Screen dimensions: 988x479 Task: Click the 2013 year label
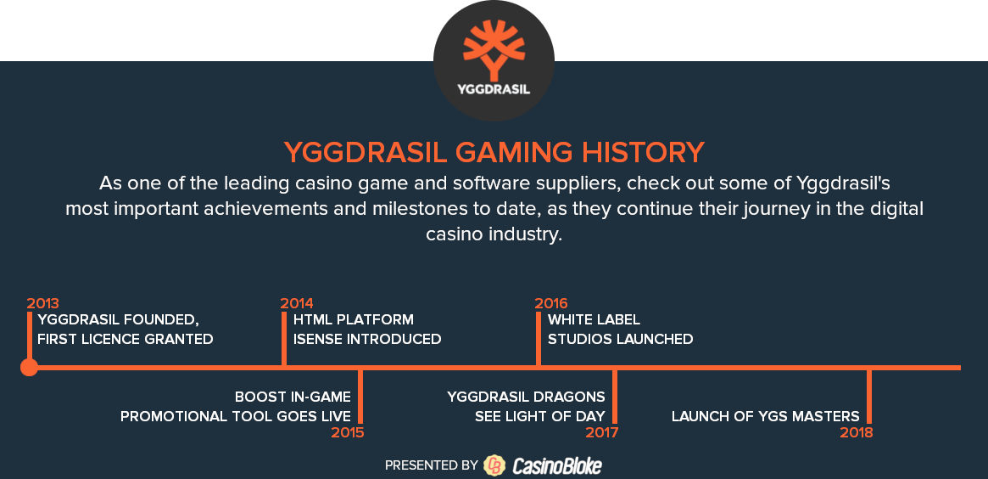(x=43, y=303)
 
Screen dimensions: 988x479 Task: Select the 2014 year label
(x=297, y=303)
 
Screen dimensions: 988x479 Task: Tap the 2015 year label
(x=348, y=433)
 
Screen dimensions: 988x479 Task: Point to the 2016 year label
(x=551, y=303)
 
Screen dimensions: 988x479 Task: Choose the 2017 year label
(x=602, y=433)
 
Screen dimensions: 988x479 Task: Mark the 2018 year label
(x=857, y=433)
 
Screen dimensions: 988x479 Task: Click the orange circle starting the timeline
(x=29, y=367)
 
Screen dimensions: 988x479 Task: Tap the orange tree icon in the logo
(x=494, y=50)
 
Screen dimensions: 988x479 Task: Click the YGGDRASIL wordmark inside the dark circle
(x=494, y=89)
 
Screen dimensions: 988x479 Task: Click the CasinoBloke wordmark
(x=557, y=465)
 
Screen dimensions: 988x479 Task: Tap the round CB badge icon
(x=494, y=465)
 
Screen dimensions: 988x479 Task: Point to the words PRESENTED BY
(x=432, y=465)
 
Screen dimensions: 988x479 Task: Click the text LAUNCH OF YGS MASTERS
(x=766, y=416)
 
